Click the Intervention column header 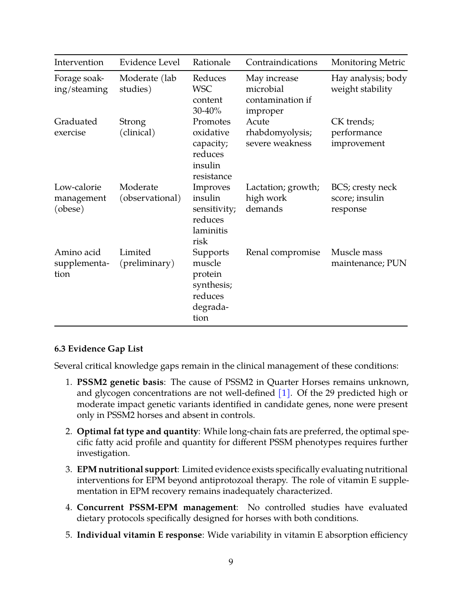79,62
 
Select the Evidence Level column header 149,62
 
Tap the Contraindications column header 281,62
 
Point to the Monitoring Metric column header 368,62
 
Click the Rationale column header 211,62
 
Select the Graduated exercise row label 75,127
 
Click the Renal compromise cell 283,252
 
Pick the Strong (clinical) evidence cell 137,127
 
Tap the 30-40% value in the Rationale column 207,111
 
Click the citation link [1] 284,393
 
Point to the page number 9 231,562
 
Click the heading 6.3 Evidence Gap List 99,349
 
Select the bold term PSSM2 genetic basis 120,382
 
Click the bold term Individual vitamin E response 139,535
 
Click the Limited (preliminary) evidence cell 146,258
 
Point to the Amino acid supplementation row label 82,263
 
